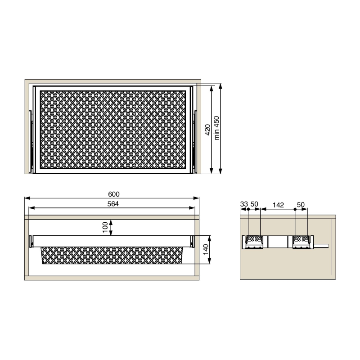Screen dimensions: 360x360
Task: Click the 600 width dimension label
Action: [114, 194]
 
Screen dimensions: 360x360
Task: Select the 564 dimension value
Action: [113, 204]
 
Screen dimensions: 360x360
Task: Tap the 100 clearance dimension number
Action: [105, 227]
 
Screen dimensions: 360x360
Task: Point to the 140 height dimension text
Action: [206, 249]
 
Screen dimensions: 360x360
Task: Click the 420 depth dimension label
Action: [207, 130]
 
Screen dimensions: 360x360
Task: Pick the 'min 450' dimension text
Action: [216, 128]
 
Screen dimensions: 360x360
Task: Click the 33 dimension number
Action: [244, 204]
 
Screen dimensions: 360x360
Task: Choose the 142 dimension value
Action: [278, 205]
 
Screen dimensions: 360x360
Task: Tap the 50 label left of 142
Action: [254, 204]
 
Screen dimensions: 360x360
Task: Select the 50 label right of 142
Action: [301, 205]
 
